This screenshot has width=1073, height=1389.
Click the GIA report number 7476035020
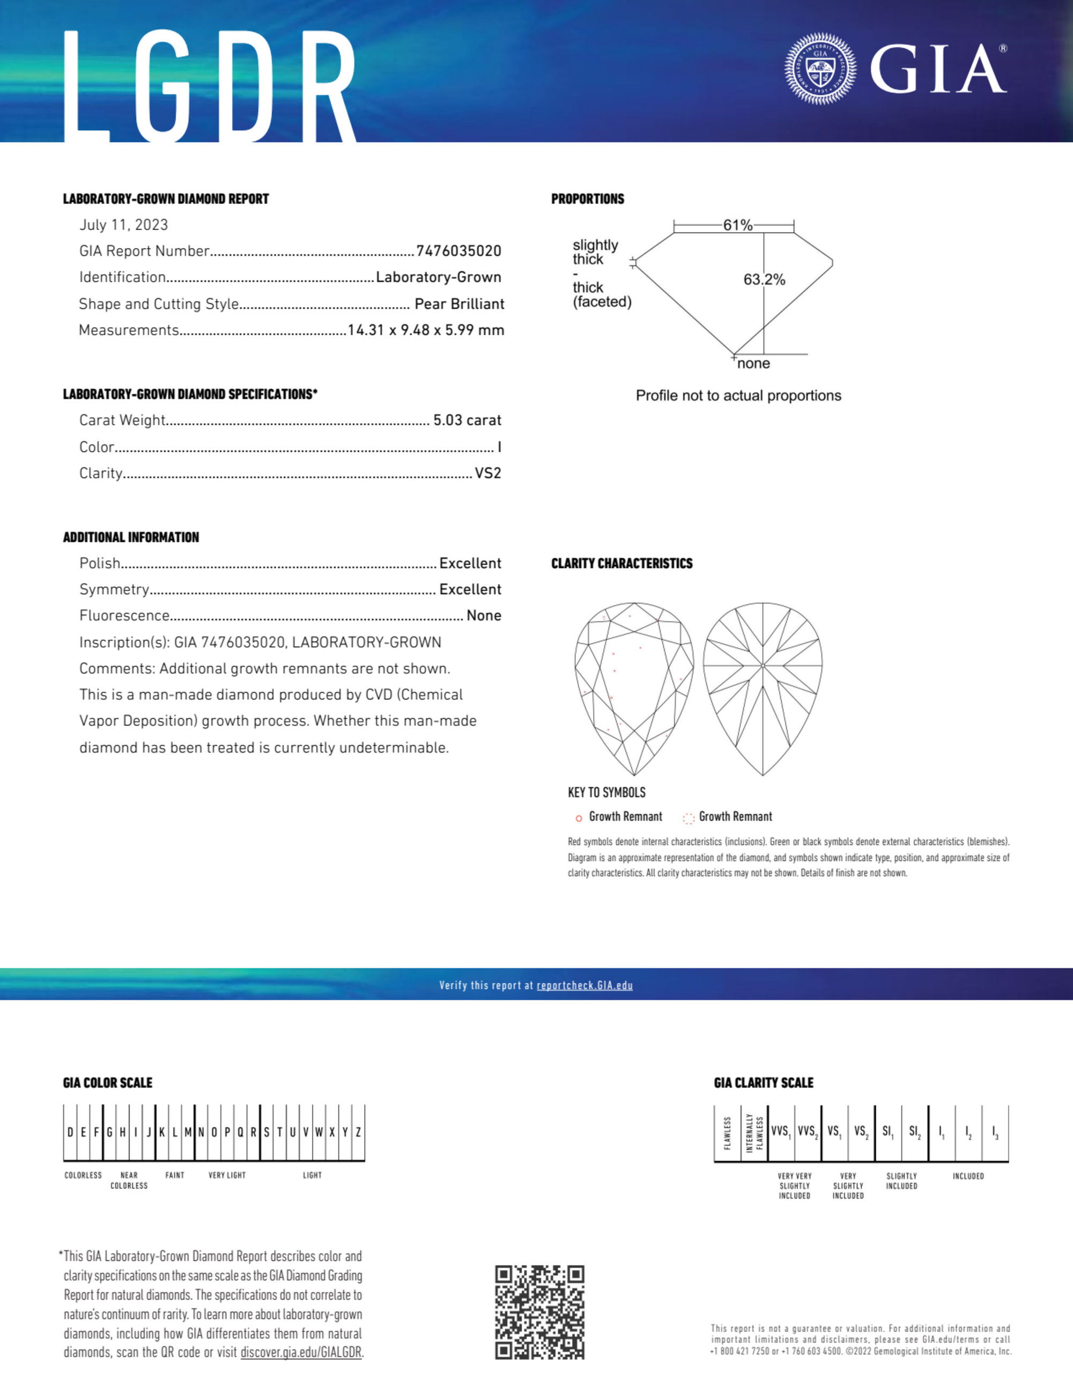458,251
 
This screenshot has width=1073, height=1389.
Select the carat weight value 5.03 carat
467,420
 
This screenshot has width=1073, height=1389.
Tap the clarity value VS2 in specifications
488,473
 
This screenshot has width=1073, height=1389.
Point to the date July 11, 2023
123,225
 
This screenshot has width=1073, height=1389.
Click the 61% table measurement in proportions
737,225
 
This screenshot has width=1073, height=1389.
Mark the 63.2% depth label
764,280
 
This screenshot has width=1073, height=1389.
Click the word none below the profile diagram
754,364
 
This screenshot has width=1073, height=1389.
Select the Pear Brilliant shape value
459,304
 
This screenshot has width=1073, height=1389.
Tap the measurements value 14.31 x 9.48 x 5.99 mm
426,330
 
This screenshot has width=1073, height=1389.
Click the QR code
539,1312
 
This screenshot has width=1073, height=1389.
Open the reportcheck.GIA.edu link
584,985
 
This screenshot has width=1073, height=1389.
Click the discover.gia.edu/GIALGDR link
301,1352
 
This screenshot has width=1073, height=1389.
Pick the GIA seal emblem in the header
820,69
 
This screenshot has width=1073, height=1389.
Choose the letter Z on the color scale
359,1132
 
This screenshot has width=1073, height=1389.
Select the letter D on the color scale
70,1132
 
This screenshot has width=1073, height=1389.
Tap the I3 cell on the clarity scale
995,1132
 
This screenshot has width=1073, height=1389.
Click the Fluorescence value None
483,616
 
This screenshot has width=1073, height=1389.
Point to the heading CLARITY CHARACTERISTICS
621,564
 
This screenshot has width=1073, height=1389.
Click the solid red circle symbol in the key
579,818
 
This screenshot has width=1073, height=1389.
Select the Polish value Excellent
470,564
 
